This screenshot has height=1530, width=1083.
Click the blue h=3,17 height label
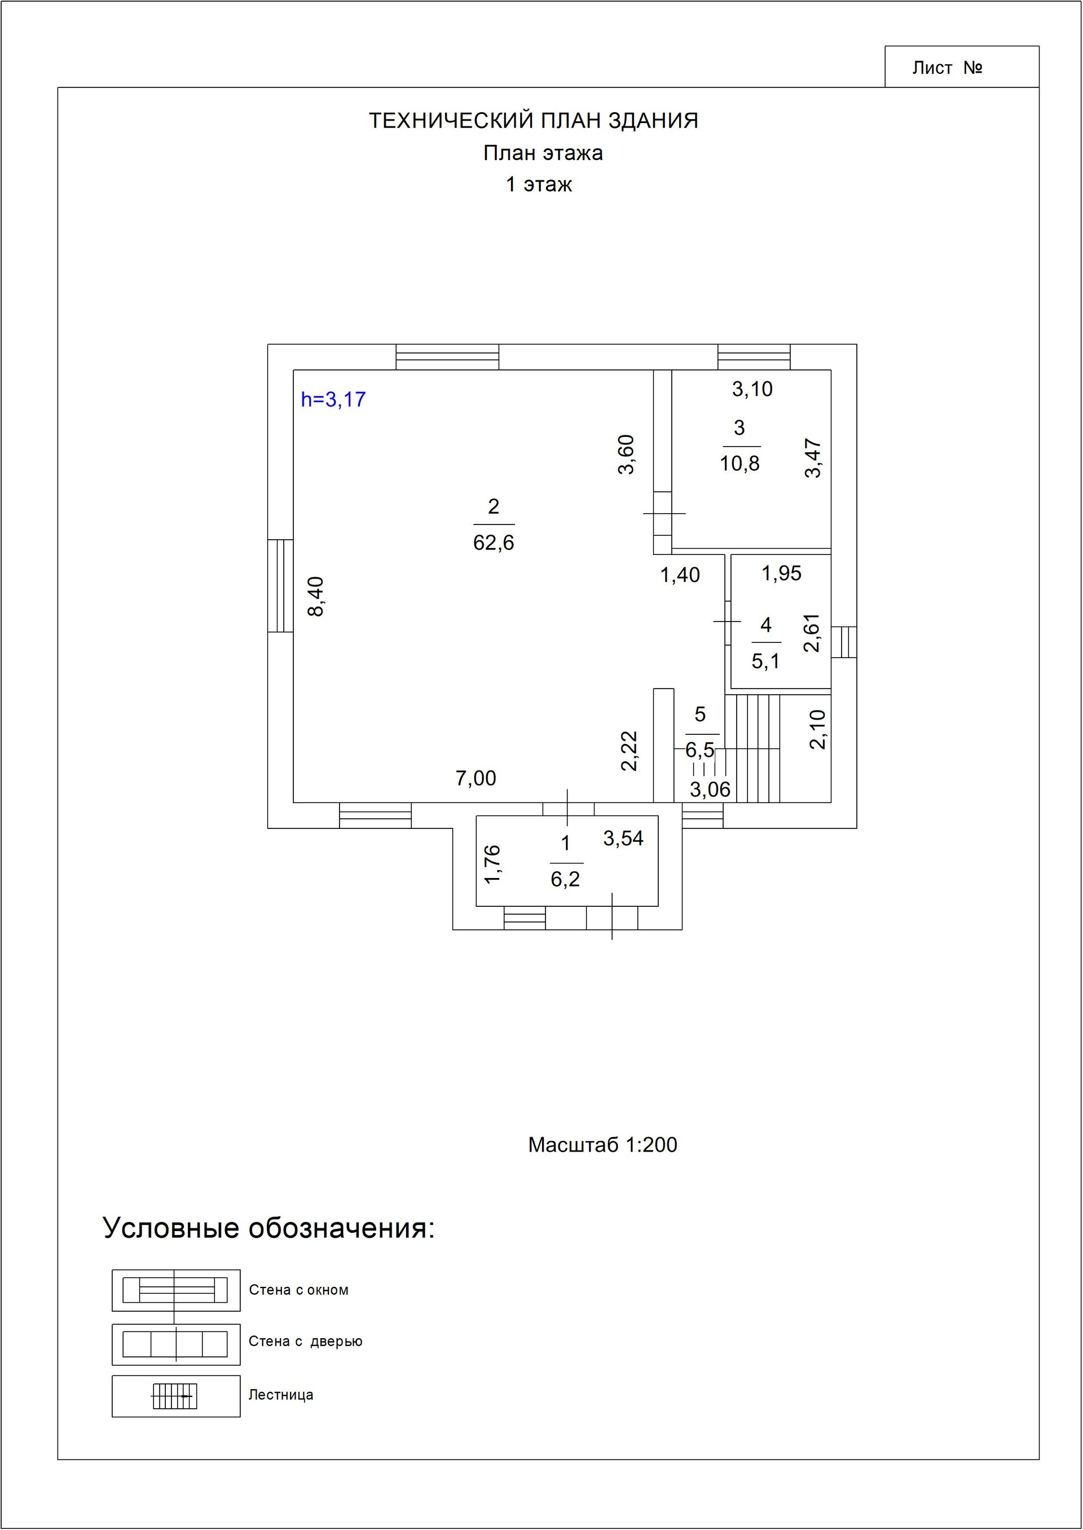tap(333, 399)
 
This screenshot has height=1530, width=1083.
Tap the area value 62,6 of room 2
tap(494, 543)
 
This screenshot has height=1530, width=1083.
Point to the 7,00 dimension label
tap(476, 778)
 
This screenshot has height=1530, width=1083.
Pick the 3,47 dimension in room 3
tap(813, 458)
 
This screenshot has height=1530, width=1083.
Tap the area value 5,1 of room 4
tap(765, 662)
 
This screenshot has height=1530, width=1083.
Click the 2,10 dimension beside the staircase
tap(817, 729)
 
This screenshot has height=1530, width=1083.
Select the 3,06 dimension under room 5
tap(710, 790)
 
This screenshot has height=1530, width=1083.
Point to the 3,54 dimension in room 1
tap(623, 839)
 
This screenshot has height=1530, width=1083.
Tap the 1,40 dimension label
tap(680, 575)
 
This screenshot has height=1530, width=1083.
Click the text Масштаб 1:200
tap(602, 1145)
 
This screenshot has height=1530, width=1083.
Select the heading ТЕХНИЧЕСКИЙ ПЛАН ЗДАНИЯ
tap(534, 121)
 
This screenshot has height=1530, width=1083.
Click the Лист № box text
tap(947, 68)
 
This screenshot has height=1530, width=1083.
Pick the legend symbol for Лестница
tap(175, 1395)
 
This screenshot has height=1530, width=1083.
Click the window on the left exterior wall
tap(280, 585)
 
